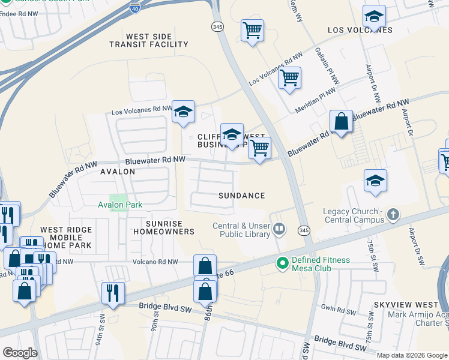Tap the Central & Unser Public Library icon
[x=279, y=229]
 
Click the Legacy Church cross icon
[x=393, y=214]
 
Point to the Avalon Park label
[x=120, y=205]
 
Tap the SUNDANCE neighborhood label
[x=241, y=196]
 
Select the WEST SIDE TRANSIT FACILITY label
[x=157, y=41]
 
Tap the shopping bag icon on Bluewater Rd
[x=341, y=122]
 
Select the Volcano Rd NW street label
[x=155, y=262]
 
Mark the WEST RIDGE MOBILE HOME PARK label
[x=66, y=238]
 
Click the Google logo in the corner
[x=20, y=352]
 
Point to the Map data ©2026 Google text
[x=412, y=355]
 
